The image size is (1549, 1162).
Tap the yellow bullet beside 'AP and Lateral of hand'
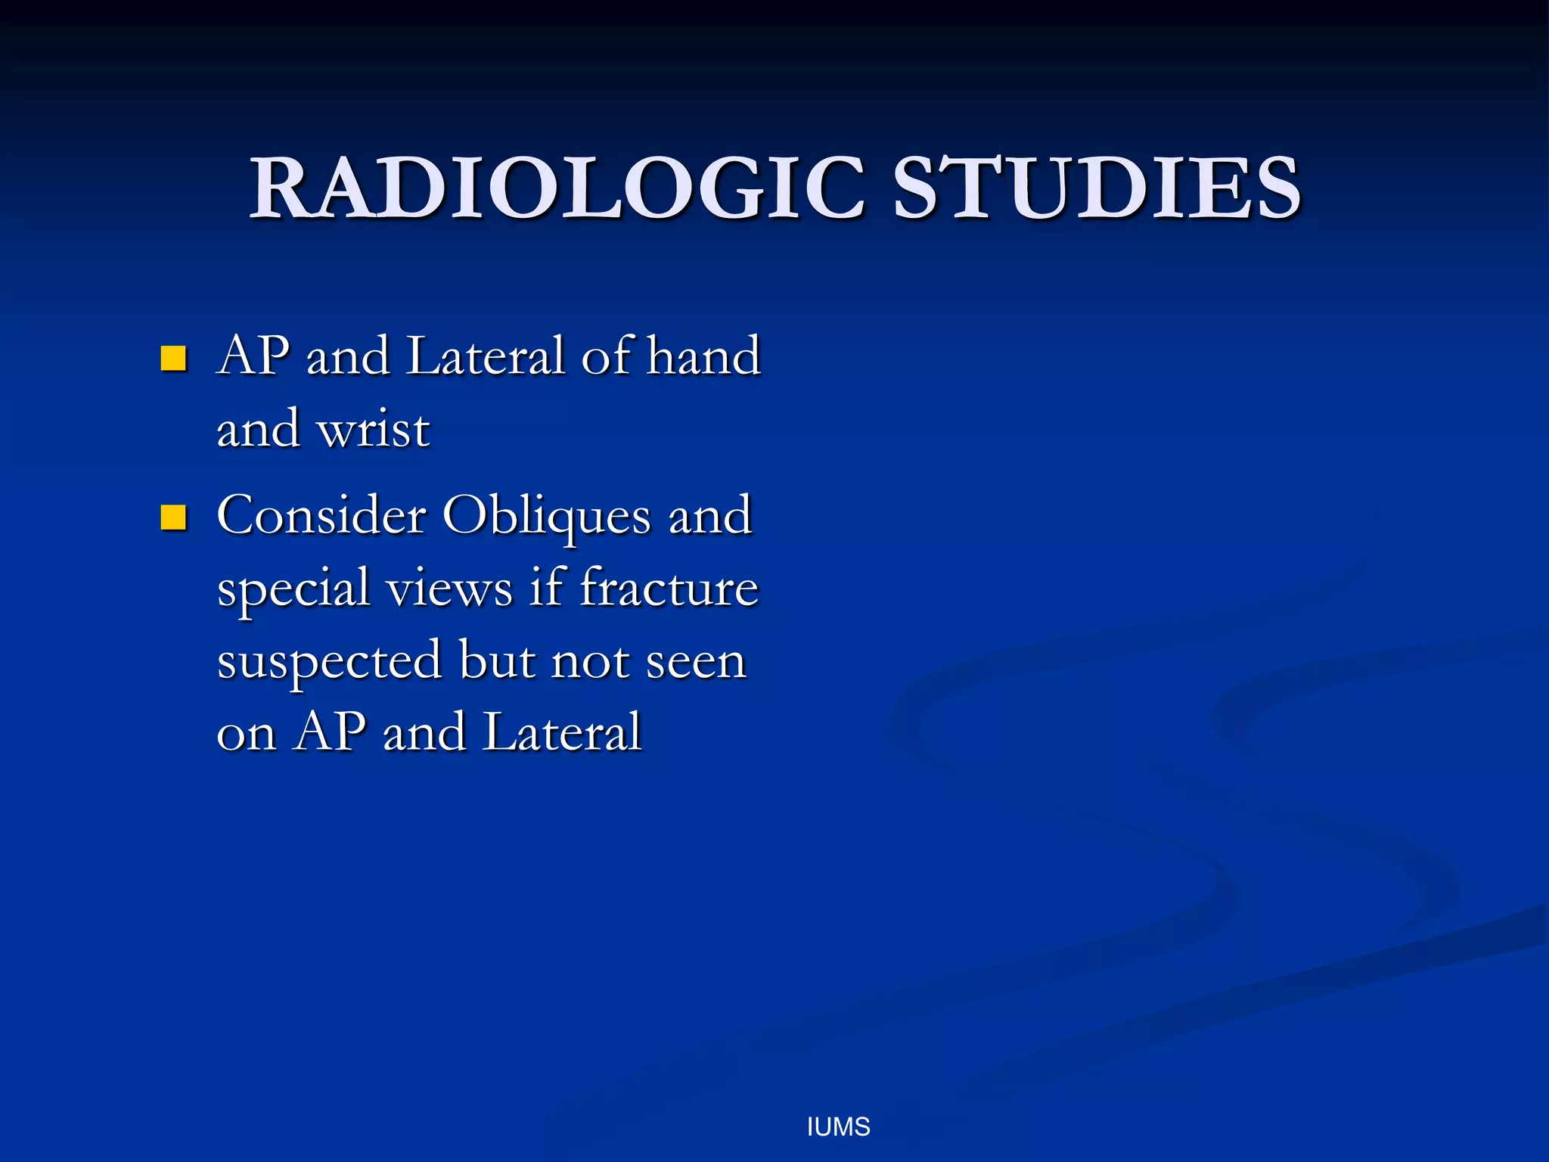(x=173, y=358)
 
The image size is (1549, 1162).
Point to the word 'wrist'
(x=373, y=429)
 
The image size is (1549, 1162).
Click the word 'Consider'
(x=321, y=515)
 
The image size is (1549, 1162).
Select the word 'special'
(x=293, y=589)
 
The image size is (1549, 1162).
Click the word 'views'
(x=449, y=589)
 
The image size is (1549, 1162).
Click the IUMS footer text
(x=838, y=1127)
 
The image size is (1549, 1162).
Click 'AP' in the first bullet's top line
(x=253, y=355)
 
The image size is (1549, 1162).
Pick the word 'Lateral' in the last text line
(x=562, y=732)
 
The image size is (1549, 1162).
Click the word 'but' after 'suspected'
(x=496, y=660)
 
